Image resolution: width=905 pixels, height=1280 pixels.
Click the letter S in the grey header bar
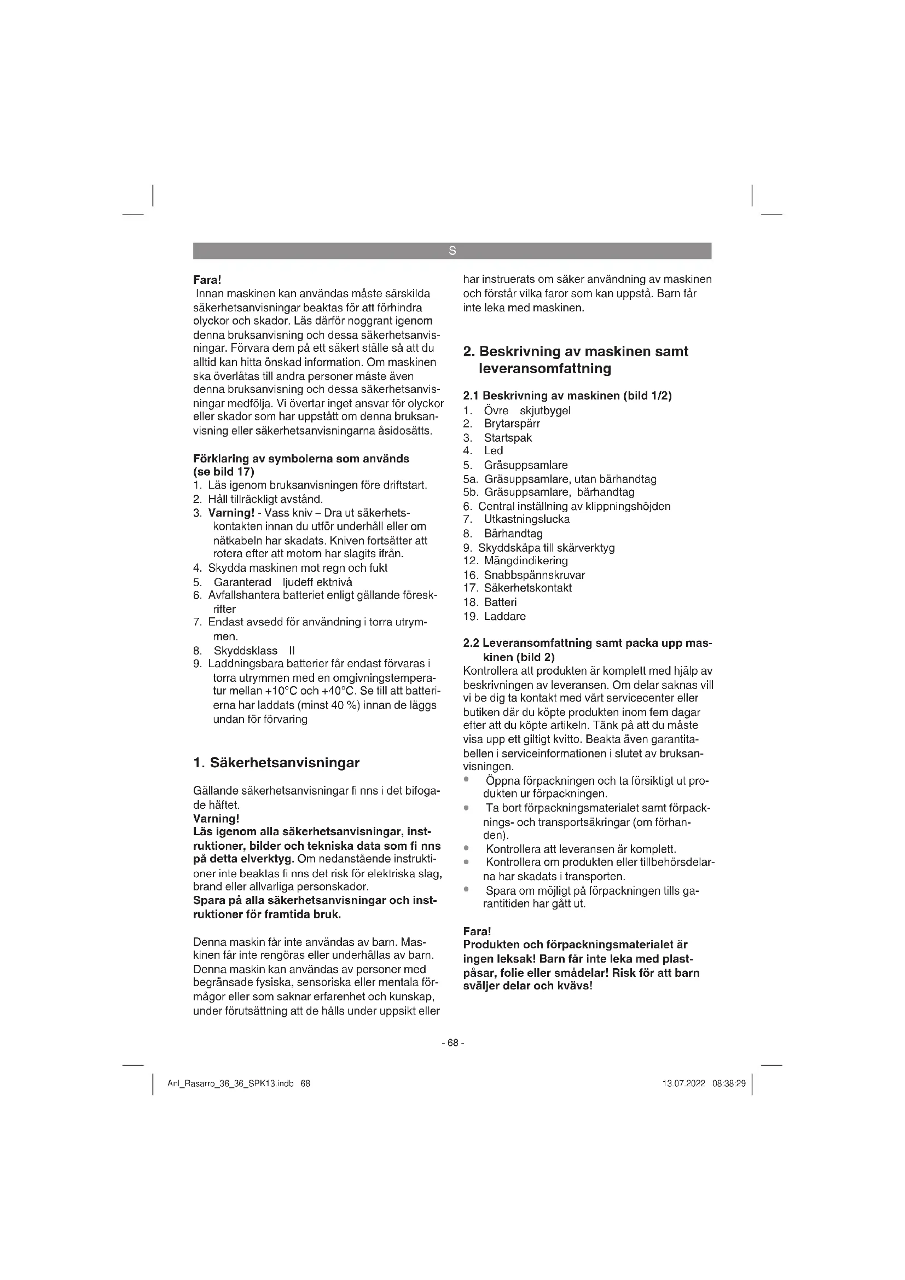(x=452, y=251)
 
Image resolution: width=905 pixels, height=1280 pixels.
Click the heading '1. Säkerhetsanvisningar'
(x=276, y=763)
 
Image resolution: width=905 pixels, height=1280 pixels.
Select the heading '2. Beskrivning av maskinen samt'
(x=576, y=352)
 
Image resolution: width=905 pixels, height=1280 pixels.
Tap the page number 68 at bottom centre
(x=452, y=1042)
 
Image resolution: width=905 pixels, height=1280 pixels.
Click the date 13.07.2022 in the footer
(x=683, y=1084)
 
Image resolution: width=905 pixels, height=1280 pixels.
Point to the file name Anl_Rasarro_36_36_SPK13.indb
(x=231, y=1084)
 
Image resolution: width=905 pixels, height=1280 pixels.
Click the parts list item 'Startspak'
(x=508, y=438)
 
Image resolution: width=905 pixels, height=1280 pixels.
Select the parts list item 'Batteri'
(x=500, y=602)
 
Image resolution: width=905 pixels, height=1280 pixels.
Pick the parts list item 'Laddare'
(x=504, y=616)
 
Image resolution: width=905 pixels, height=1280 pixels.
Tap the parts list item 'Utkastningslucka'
(x=526, y=519)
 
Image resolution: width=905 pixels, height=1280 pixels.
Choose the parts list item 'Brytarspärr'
(x=512, y=424)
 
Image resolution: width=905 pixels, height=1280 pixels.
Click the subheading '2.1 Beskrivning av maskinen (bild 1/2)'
(x=567, y=396)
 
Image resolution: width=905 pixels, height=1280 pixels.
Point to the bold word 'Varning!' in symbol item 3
(x=231, y=513)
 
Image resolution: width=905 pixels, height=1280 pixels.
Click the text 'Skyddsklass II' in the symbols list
(x=254, y=651)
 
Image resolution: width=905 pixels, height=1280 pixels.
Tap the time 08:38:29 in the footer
(x=729, y=1084)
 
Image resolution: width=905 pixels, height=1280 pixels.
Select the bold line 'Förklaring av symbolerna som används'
(x=301, y=459)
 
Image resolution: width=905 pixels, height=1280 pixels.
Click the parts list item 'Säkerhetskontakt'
(x=527, y=588)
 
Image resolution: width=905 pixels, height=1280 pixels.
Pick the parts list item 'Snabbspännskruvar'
(x=534, y=575)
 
